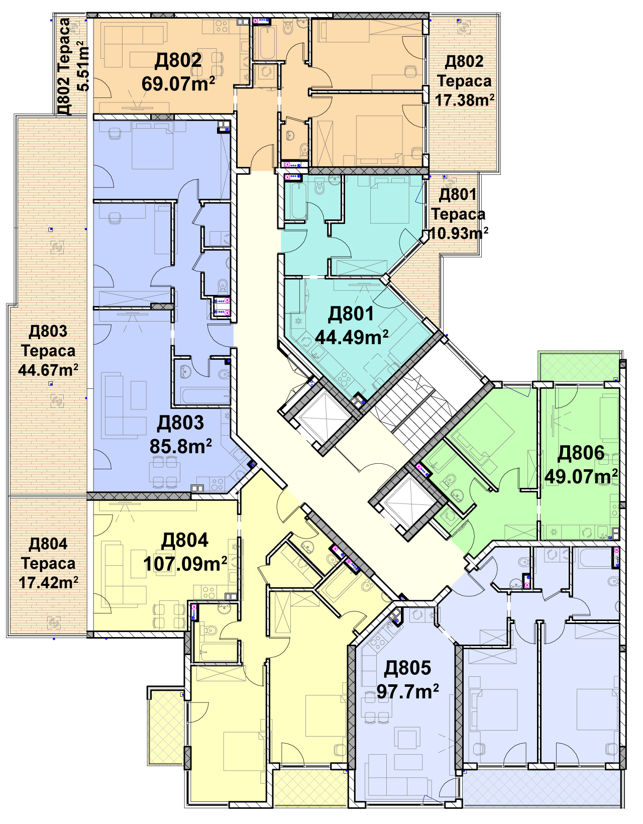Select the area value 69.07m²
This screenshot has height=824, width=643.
178,83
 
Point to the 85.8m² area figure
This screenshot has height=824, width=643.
180,446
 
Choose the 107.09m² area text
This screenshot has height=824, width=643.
185,564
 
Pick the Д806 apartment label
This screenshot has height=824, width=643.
580,452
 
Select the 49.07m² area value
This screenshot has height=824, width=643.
581,476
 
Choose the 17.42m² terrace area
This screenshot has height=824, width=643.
49,582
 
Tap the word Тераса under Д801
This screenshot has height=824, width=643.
458,214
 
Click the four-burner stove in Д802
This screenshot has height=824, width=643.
222,26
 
